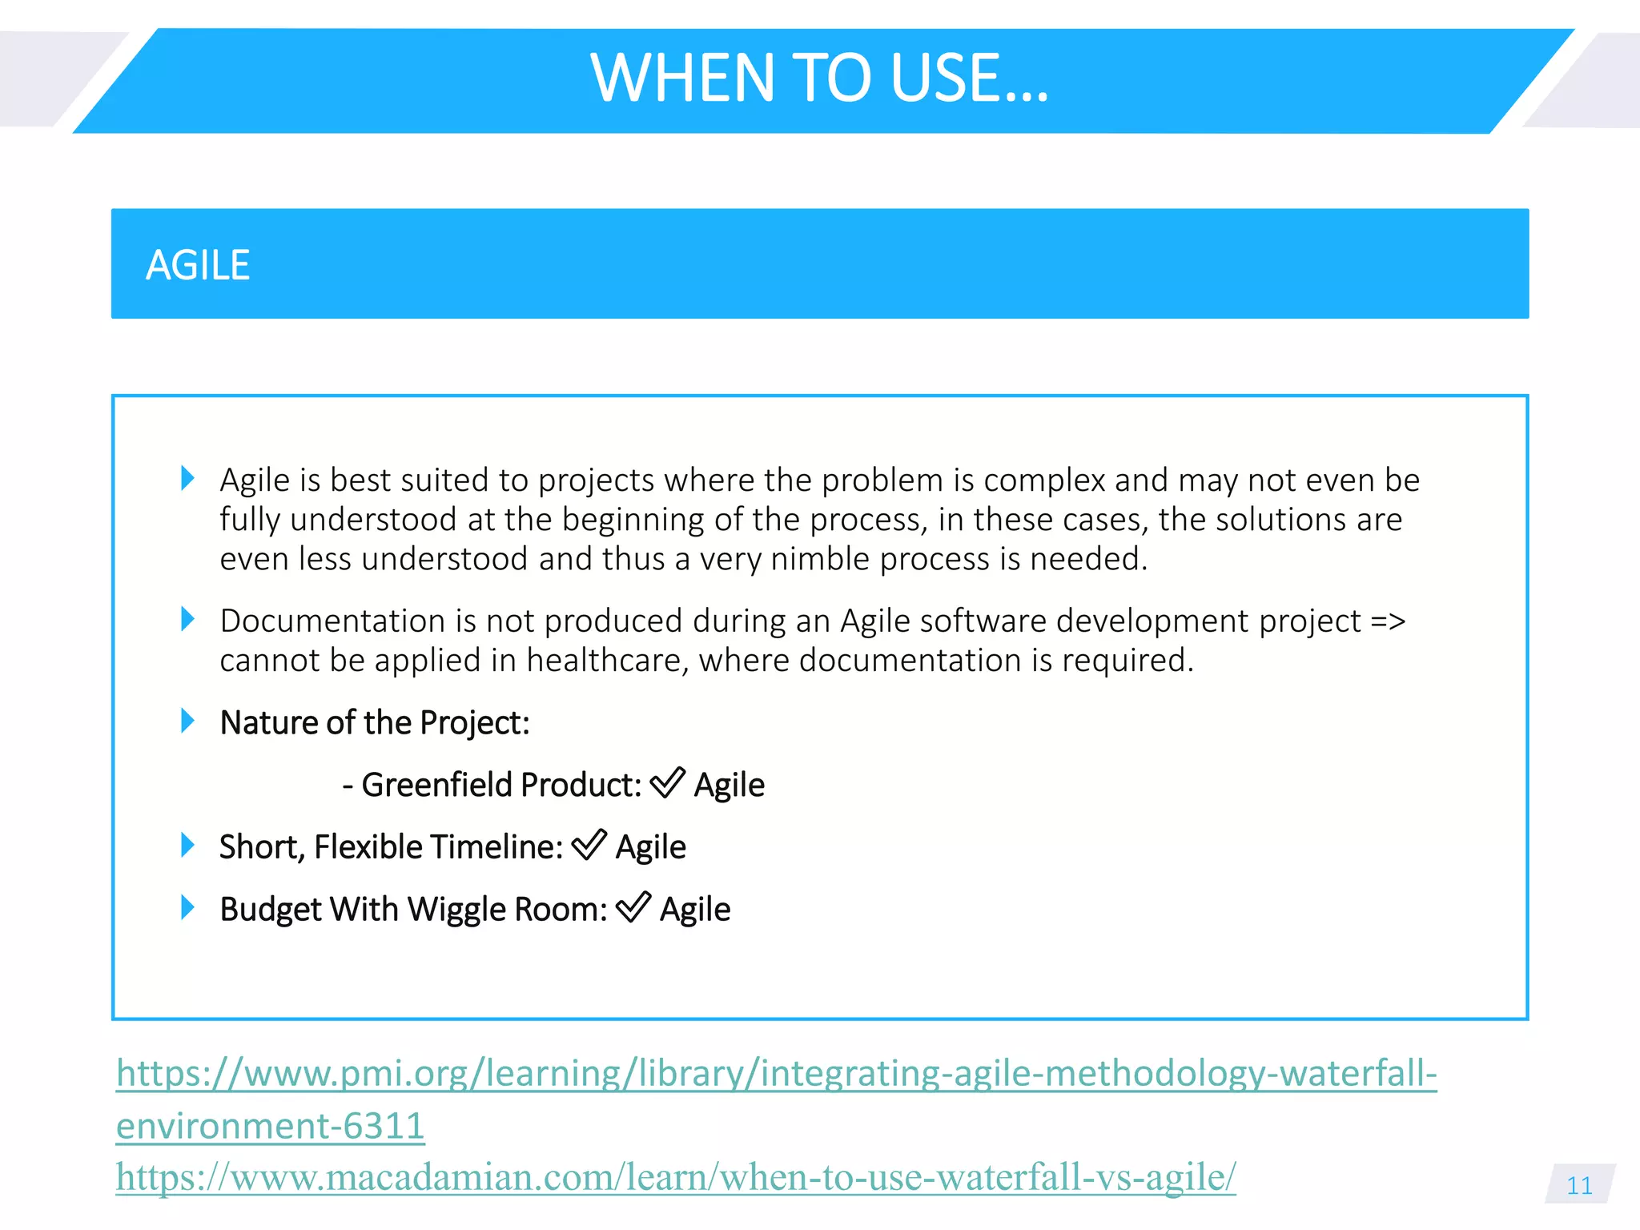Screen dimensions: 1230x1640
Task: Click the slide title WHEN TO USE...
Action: [x=818, y=78]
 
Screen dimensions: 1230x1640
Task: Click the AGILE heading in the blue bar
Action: [x=198, y=265]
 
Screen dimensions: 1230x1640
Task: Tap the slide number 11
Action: [x=1579, y=1185]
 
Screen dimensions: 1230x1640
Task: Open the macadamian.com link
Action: [x=675, y=1177]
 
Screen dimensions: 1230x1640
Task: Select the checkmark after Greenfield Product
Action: [x=667, y=783]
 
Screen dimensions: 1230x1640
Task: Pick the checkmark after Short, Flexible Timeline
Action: [x=589, y=846]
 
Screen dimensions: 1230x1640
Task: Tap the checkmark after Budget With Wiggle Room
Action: [x=633, y=908]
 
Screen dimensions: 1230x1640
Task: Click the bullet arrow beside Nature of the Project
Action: [x=187, y=721]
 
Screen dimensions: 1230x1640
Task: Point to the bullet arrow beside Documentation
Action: [x=187, y=619]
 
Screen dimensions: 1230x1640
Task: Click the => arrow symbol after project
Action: [x=1388, y=621]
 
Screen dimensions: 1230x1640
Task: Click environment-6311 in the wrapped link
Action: [x=270, y=1126]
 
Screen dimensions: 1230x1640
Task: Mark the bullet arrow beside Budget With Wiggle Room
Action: [x=187, y=907]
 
